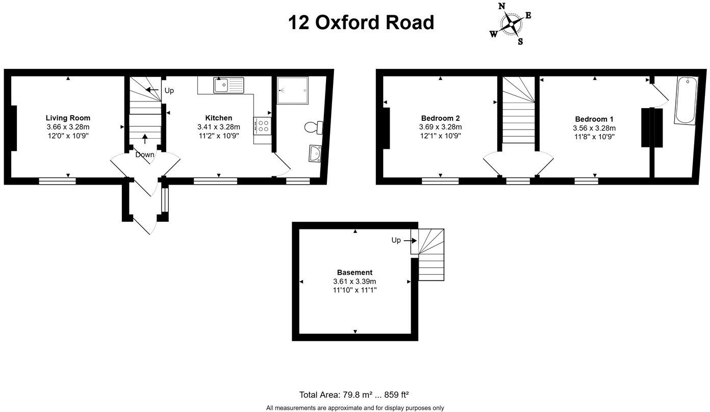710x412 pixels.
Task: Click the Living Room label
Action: pyautogui.click(x=68, y=118)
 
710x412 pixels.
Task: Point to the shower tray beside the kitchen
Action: pyautogui.click(x=293, y=90)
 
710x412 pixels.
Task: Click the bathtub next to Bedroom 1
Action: pyautogui.click(x=685, y=100)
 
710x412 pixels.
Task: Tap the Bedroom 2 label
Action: pyautogui.click(x=440, y=118)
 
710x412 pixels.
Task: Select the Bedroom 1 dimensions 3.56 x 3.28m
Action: pyautogui.click(x=594, y=128)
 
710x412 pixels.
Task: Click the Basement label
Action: pyautogui.click(x=354, y=272)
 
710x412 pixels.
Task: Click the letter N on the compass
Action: pyautogui.click(x=501, y=6)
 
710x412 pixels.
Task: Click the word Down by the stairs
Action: pyautogui.click(x=145, y=154)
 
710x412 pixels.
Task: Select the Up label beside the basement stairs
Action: pyautogui.click(x=396, y=240)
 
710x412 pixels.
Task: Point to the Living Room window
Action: pyautogui.click(x=58, y=181)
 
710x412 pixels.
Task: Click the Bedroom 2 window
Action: pyautogui.click(x=440, y=181)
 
